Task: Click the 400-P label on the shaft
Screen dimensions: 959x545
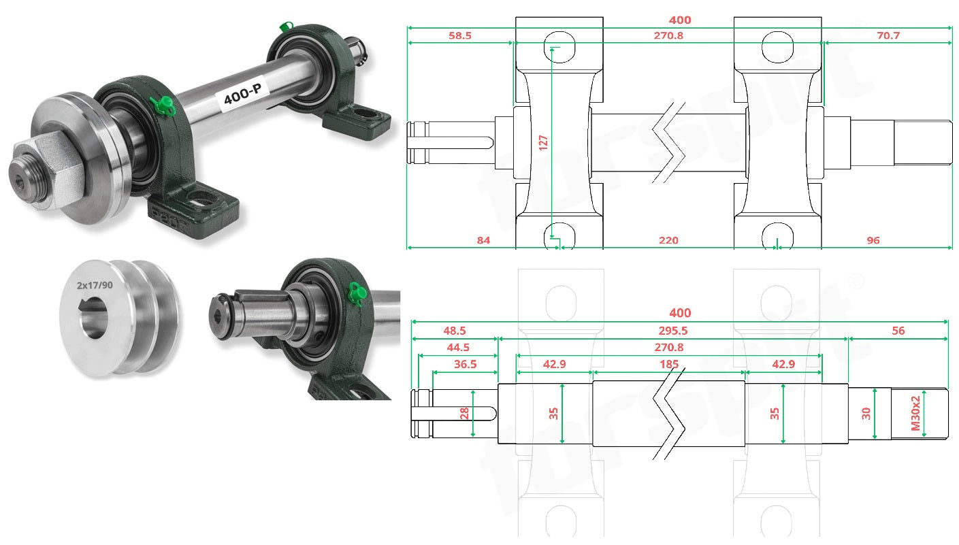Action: click(242, 94)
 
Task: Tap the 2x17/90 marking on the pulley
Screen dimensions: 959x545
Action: click(95, 285)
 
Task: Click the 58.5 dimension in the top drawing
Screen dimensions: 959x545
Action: click(460, 35)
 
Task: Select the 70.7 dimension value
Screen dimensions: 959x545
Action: click(888, 35)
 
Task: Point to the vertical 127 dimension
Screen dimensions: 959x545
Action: click(543, 143)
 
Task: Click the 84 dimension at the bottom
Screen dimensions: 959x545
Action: click(483, 240)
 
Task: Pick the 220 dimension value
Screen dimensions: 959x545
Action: click(668, 240)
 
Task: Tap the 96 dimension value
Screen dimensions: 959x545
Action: click(873, 240)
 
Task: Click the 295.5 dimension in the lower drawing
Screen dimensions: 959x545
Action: click(673, 331)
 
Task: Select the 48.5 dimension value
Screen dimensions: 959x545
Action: click(454, 331)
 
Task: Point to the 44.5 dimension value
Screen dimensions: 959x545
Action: click(458, 347)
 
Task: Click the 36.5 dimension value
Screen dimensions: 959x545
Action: click(465, 364)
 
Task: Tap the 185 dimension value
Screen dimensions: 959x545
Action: click(669, 364)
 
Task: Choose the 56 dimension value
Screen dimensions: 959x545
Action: click(898, 331)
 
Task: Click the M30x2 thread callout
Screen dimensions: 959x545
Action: click(915, 413)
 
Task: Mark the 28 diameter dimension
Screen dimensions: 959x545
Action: click(464, 413)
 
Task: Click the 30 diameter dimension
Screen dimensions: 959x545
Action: click(866, 414)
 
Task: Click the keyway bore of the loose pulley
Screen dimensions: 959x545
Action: click(93, 318)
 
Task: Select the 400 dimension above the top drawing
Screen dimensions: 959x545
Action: click(680, 20)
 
